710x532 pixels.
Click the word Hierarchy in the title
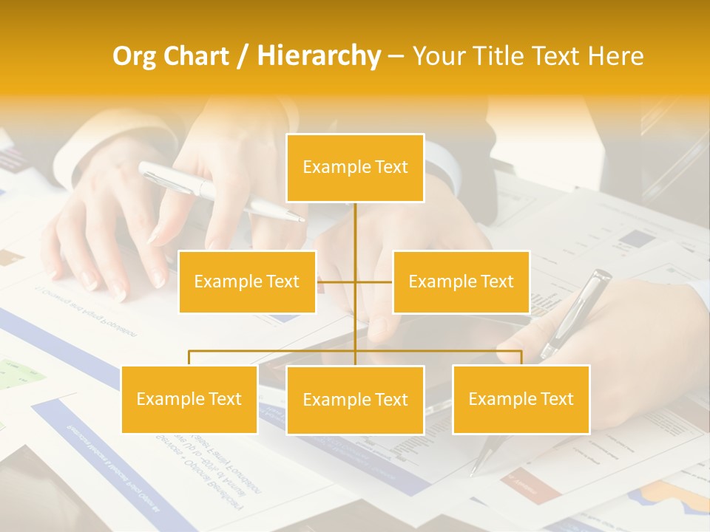coord(319,56)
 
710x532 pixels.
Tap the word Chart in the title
coord(196,56)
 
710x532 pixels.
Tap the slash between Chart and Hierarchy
coord(243,57)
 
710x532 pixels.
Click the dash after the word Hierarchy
coord(396,57)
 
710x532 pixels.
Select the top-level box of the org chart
coord(355,168)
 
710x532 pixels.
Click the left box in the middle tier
coord(247,282)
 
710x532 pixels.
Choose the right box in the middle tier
coord(461,282)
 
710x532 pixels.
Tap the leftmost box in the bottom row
coord(189,399)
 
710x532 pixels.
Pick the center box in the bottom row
coord(355,400)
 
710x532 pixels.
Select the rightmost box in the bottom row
coord(521,399)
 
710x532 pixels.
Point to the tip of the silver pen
coord(301,219)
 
